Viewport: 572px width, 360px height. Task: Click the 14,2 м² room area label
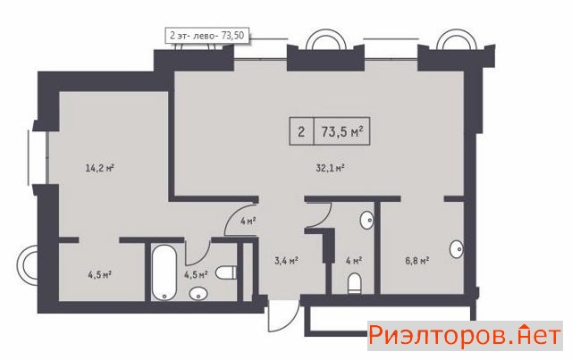pyautogui.click(x=100, y=168)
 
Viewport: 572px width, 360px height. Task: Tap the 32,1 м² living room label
pyautogui.click(x=330, y=168)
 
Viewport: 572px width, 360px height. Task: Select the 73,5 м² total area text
pyautogui.click(x=342, y=131)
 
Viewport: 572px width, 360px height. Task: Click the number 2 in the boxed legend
pyautogui.click(x=301, y=131)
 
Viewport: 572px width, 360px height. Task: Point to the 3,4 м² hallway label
pyautogui.click(x=286, y=261)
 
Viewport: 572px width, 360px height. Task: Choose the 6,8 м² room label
pyautogui.click(x=417, y=261)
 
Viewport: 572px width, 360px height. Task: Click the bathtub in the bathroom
pyautogui.click(x=164, y=272)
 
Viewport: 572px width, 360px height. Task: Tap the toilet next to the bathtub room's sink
pyautogui.click(x=226, y=272)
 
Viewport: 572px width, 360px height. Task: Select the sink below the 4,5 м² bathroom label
pyautogui.click(x=198, y=294)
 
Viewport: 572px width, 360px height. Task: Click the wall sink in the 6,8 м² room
pyautogui.click(x=457, y=249)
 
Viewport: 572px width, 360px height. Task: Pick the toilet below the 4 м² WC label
pyautogui.click(x=354, y=283)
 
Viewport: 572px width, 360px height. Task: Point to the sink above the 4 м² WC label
pyautogui.click(x=366, y=220)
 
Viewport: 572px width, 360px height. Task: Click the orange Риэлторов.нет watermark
pyautogui.click(x=465, y=336)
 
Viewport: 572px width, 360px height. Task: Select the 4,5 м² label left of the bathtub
pyautogui.click(x=99, y=274)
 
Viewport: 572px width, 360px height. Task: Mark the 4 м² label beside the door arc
pyautogui.click(x=248, y=221)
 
